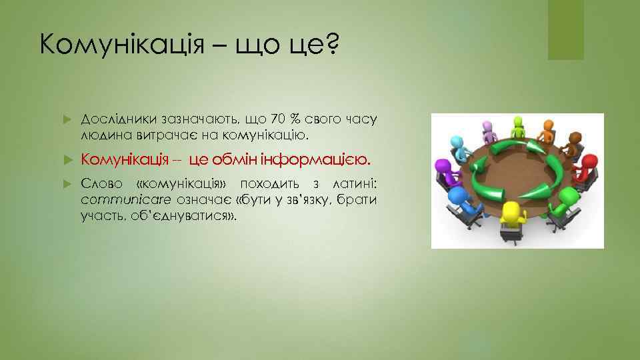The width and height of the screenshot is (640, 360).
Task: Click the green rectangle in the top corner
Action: click(565, 30)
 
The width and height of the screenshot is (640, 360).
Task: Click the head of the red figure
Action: click(590, 162)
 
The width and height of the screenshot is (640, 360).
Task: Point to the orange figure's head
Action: click(548, 125)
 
